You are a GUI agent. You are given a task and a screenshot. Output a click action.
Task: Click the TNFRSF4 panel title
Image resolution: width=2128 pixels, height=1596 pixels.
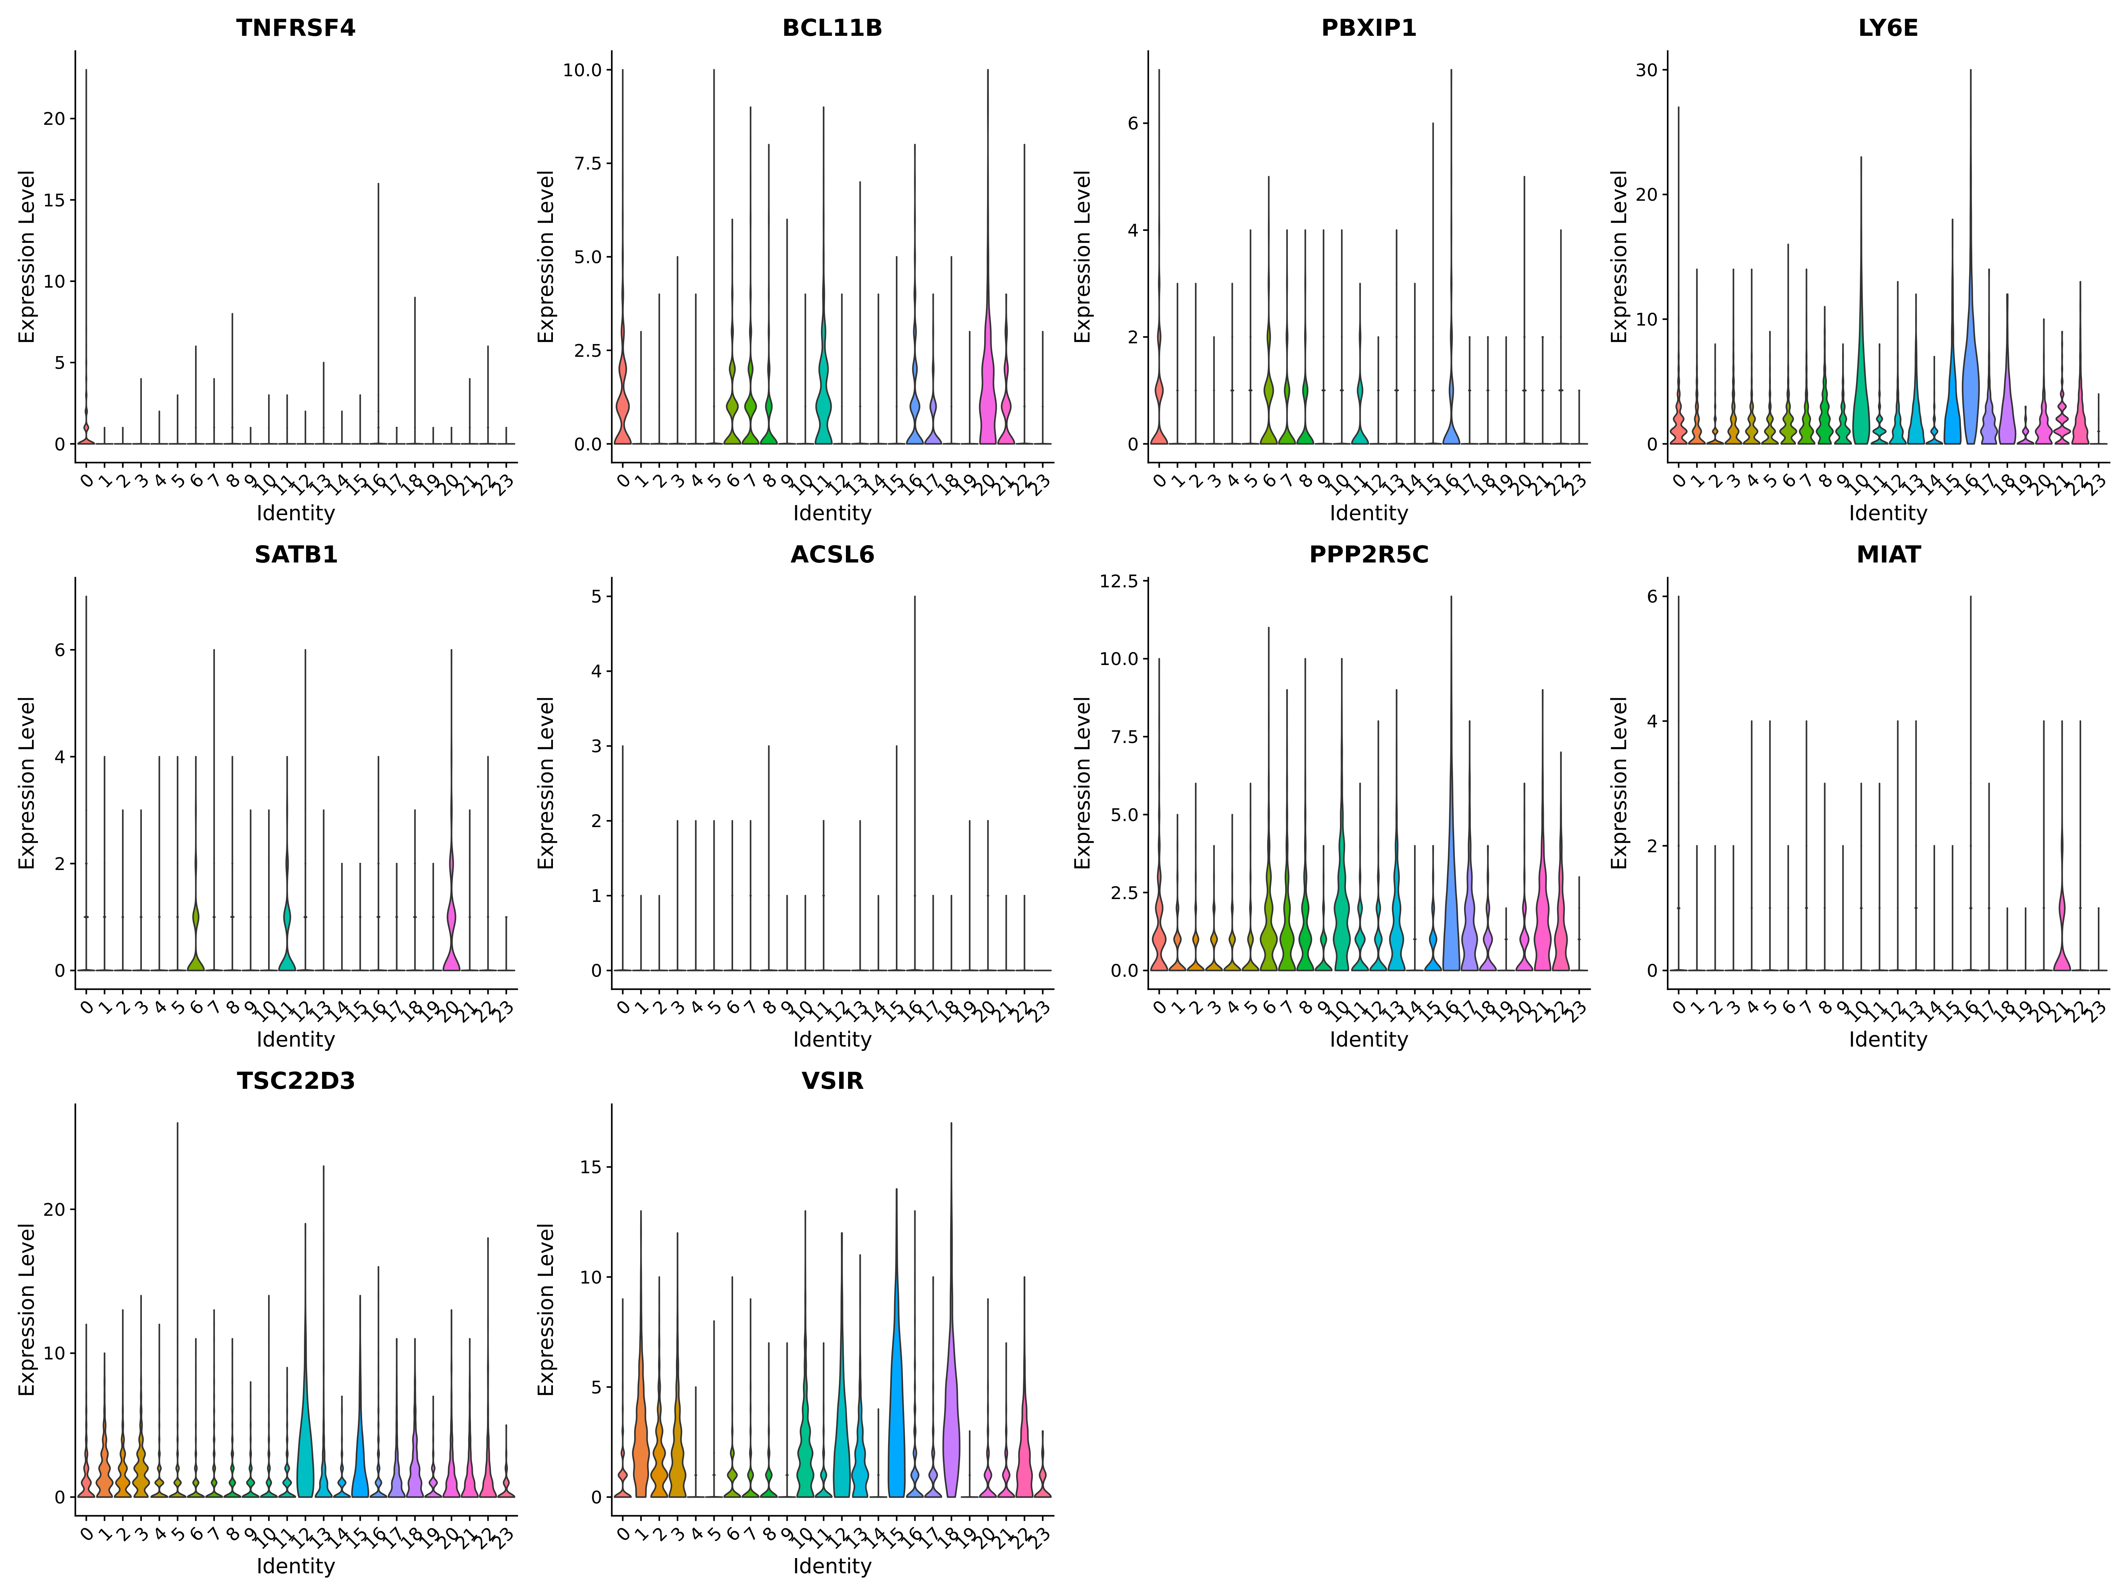(295, 28)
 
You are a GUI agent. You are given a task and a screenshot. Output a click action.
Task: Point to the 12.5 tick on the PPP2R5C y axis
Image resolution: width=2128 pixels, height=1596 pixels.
(1118, 581)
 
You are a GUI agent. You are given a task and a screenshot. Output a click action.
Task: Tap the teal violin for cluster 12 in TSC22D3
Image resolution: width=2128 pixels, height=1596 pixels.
(306, 1453)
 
